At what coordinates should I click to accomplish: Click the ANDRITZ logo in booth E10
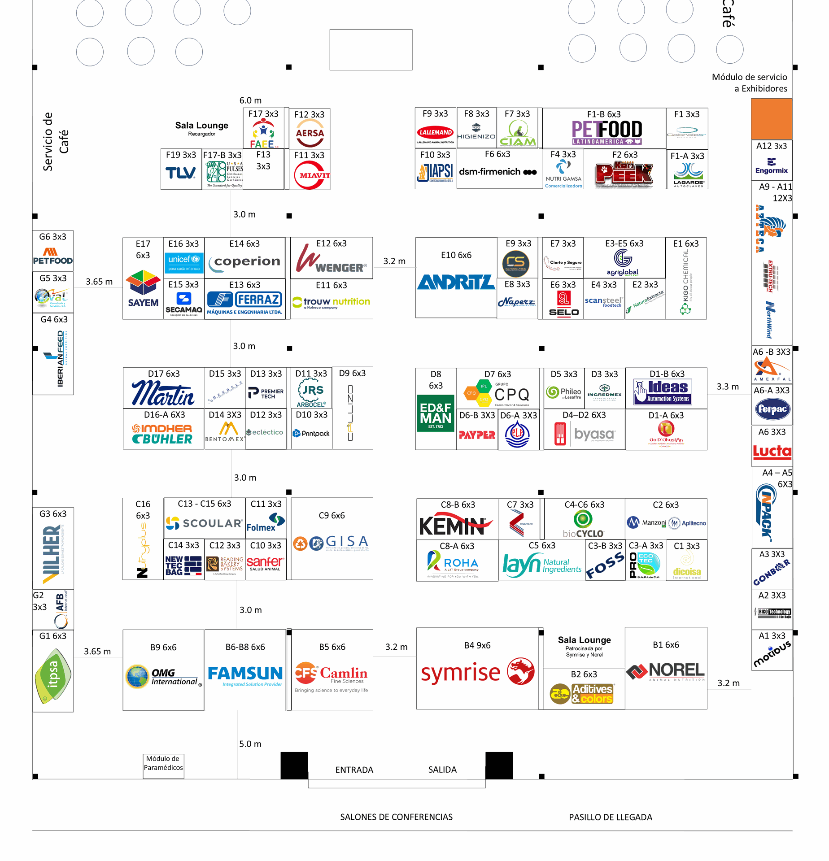coord(456,282)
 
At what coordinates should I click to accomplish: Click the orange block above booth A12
coord(772,119)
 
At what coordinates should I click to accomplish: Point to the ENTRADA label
coord(354,770)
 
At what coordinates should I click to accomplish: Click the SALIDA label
coord(442,770)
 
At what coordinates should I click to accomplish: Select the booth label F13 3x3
coord(263,160)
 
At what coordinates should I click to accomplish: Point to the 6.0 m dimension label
coord(250,100)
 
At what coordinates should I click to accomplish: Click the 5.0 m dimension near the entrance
coord(250,744)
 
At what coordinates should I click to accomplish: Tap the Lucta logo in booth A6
coord(772,451)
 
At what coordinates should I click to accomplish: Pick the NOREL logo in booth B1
coord(666,671)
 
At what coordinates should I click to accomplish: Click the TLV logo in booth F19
coord(180,173)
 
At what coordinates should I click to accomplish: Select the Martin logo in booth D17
coord(163,393)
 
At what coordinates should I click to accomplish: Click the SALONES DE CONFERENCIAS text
coord(396,817)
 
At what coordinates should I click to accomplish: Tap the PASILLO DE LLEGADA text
coord(610,817)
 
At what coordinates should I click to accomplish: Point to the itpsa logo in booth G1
coord(53,675)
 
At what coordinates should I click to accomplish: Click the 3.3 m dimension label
coord(727,387)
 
